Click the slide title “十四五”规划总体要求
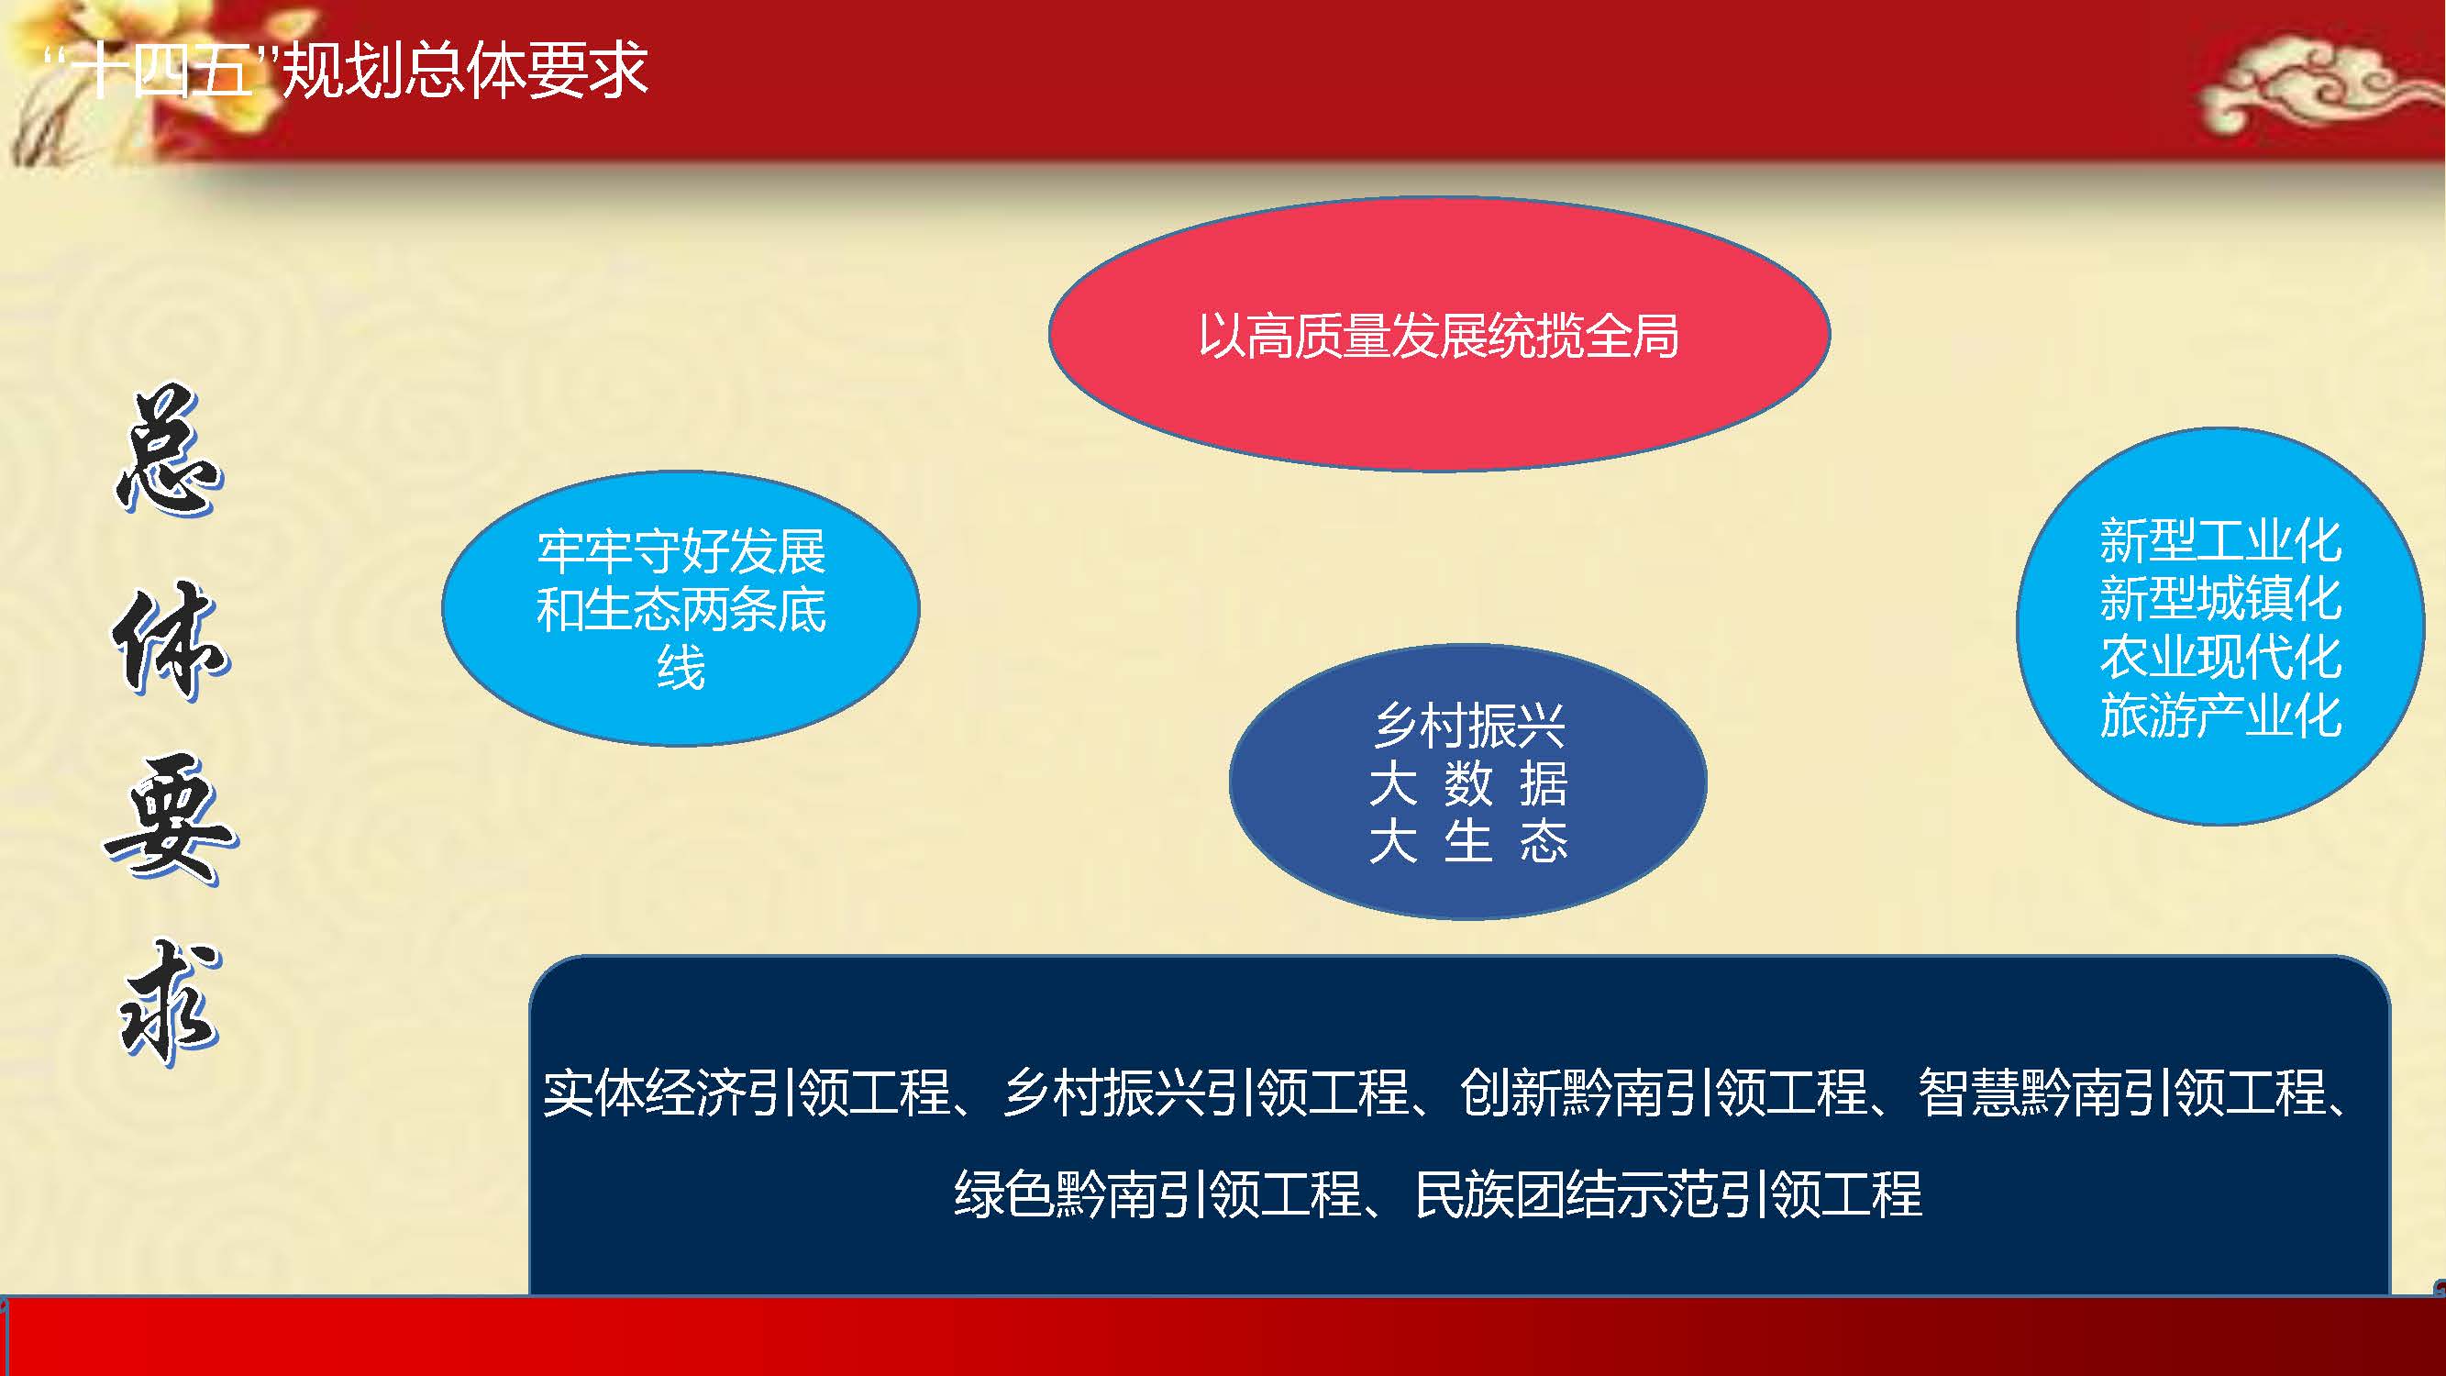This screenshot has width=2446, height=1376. [x=348, y=70]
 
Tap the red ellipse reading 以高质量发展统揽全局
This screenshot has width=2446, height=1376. [x=1440, y=334]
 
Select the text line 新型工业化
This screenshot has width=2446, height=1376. [x=2220, y=541]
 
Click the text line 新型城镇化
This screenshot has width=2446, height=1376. [x=2220, y=599]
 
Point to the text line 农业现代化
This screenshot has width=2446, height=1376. [x=2220, y=657]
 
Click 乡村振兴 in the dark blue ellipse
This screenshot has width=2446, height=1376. [x=1469, y=727]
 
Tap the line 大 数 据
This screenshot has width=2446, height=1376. [x=1468, y=784]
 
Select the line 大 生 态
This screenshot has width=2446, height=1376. [x=1468, y=841]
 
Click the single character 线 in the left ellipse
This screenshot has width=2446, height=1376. [x=681, y=668]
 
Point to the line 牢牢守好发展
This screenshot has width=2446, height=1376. [x=681, y=551]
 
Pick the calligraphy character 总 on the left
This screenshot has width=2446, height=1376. [x=169, y=451]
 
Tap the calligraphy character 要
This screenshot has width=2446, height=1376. [x=171, y=820]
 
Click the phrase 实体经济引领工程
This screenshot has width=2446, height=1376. [x=747, y=1093]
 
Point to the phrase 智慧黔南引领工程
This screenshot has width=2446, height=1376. [x=2122, y=1093]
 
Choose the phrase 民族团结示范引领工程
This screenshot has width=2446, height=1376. [x=1668, y=1194]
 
